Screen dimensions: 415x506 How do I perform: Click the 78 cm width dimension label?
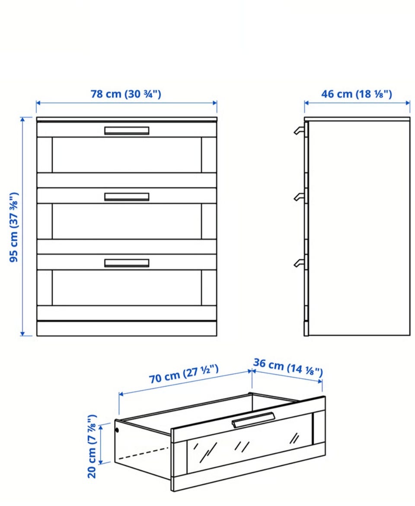point(126,94)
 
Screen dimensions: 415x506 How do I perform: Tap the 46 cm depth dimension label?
point(357,94)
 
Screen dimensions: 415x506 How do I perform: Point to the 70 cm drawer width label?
point(183,374)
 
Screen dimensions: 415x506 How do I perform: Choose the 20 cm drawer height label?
point(92,446)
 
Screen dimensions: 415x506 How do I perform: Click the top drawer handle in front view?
point(127,130)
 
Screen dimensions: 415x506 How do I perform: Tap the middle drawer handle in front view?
point(127,197)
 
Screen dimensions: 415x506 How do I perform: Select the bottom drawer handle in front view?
point(127,263)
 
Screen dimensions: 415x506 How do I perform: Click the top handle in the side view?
point(299,130)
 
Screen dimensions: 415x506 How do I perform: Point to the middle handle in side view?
point(299,197)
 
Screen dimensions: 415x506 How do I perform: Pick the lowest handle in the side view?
point(299,263)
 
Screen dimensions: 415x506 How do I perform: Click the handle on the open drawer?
point(253,420)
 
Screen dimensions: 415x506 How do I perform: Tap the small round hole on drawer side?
point(117,430)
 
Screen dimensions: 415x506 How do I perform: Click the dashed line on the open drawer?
point(144,453)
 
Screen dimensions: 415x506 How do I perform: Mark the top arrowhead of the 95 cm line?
point(22,120)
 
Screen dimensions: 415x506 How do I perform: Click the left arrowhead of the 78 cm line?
point(38,103)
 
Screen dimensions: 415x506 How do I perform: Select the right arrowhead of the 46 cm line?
point(408,103)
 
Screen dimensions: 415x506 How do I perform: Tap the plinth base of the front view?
point(127,328)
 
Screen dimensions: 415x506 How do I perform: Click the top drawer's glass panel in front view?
point(127,155)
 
